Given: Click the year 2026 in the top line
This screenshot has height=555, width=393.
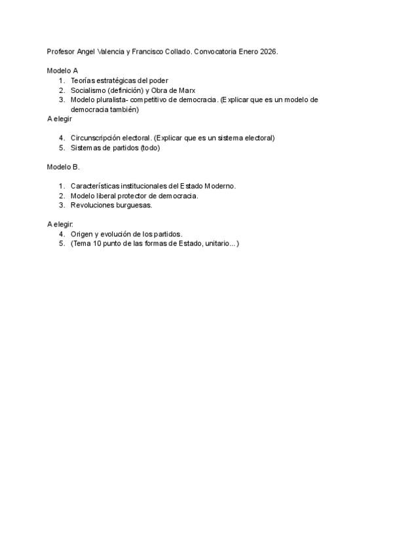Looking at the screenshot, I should pyautogui.click(x=269, y=51).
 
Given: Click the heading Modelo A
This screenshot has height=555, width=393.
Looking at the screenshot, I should pyautogui.click(x=62, y=70).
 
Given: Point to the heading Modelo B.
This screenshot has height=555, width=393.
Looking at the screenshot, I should pyautogui.click(x=63, y=166).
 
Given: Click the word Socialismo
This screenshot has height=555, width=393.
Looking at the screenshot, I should pyautogui.click(x=88, y=90).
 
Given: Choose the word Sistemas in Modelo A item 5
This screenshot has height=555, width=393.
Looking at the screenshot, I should pyautogui.click(x=86, y=147).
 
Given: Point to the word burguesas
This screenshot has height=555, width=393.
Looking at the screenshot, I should pyautogui.click(x=134, y=205).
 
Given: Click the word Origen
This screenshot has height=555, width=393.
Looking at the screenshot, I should pyautogui.click(x=83, y=234).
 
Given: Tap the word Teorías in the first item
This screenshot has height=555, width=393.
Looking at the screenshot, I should pyautogui.click(x=83, y=80).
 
